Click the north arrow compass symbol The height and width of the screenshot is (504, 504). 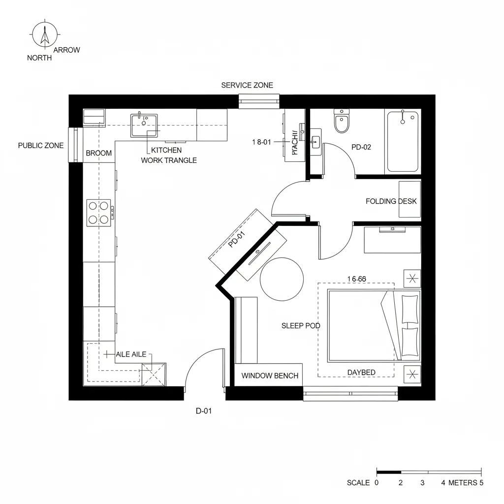(45, 36)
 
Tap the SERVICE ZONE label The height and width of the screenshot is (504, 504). (247, 85)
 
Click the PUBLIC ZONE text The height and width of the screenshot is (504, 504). (41, 146)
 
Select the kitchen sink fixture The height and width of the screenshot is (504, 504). (144, 126)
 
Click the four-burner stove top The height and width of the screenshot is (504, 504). (98, 213)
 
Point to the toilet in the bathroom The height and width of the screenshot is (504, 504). (341, 122)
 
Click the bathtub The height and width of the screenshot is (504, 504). (403, 141)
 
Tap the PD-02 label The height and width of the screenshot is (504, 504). (361, 147)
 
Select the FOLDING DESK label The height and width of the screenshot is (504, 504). (391, 201)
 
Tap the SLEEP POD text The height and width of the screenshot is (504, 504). (301, 326)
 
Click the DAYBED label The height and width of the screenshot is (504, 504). (361, 373)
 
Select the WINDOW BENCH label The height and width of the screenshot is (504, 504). (270, 376)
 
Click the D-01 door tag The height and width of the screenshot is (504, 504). (203, 411)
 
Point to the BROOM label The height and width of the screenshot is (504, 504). (99, 153)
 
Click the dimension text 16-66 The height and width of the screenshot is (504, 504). (356, 279)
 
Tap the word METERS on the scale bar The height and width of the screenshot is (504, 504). (462, 482)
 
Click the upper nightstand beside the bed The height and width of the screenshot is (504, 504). (412, 279)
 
